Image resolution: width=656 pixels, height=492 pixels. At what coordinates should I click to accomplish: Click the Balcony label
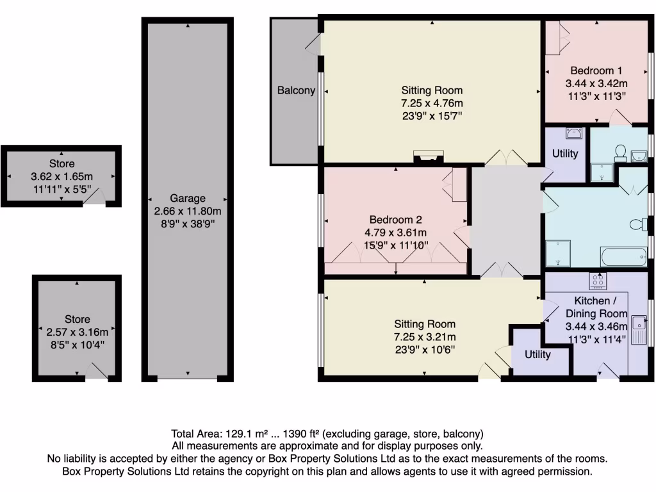296,90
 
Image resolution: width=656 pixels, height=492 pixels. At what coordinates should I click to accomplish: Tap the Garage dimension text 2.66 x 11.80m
188,211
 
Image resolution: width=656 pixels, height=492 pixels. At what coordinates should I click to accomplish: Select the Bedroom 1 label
596,70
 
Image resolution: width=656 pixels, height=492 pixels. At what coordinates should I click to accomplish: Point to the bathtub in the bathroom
624,258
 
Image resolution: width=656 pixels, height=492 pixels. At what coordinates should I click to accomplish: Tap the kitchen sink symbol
639,331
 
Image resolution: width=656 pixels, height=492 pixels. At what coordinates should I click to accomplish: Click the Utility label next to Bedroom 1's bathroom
565,153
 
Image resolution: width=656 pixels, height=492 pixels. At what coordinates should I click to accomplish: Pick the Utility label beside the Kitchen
537,354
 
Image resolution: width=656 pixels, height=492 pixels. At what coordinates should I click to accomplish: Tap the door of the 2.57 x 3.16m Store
96,371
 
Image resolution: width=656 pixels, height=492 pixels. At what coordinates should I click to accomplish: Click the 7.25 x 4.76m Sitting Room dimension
432,103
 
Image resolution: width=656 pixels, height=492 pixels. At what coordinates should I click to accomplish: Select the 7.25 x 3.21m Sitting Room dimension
424,337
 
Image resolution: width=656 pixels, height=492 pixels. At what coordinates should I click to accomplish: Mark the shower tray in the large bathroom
558,254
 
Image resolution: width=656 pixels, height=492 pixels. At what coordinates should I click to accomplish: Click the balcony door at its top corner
312,42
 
